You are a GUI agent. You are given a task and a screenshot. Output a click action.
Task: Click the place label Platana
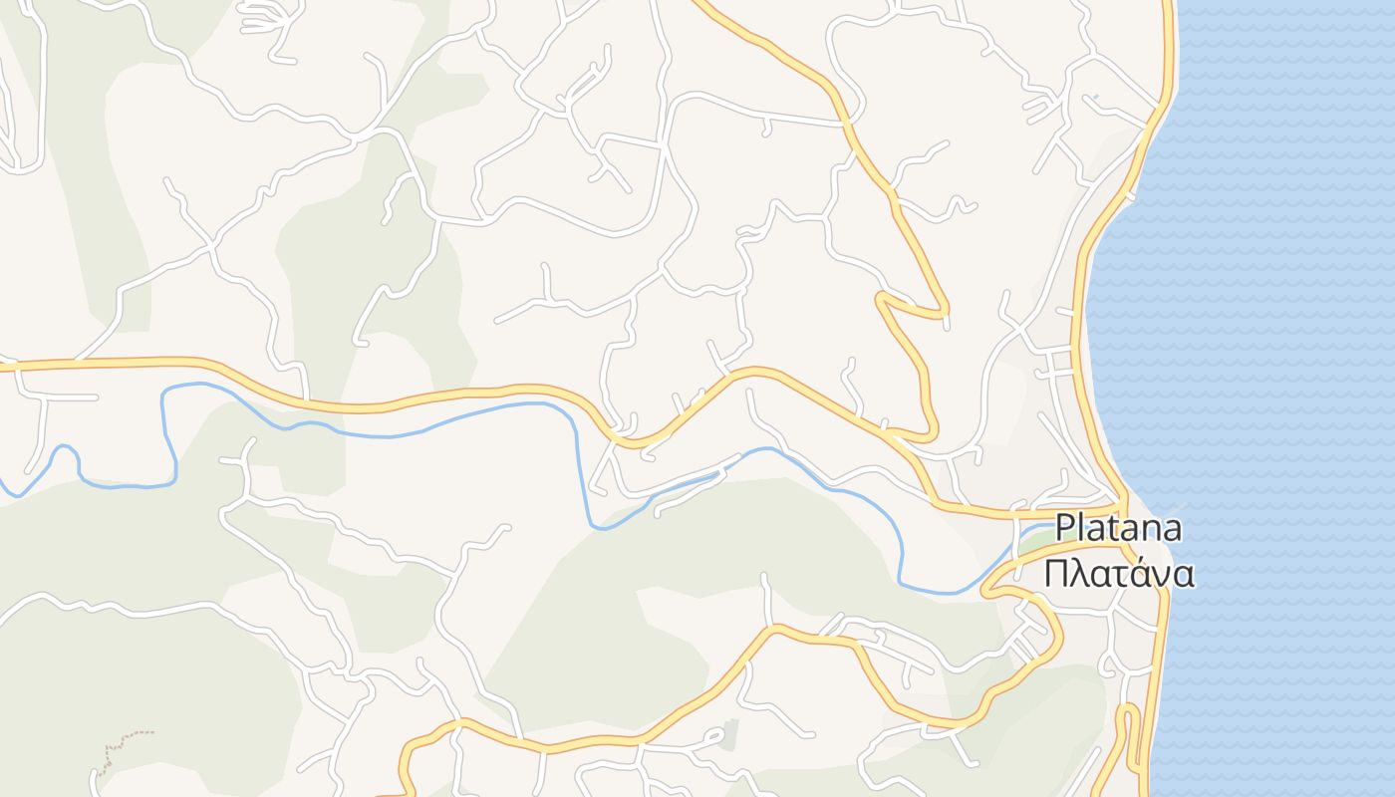(x=1118, y=528)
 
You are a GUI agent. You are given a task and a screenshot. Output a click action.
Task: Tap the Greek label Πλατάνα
(x=1118, y=574)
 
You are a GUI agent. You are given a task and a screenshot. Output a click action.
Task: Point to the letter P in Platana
(x=1065, y=528)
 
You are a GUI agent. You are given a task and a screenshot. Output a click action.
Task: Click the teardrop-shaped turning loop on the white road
(x=714, y=738)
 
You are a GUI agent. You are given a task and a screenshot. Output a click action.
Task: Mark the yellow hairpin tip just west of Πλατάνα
(x=986, y=591)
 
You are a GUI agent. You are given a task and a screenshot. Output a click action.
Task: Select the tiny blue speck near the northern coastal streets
(x=1094, y=97)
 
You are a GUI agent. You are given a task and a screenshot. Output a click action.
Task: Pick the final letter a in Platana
(x=1172, y=528)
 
